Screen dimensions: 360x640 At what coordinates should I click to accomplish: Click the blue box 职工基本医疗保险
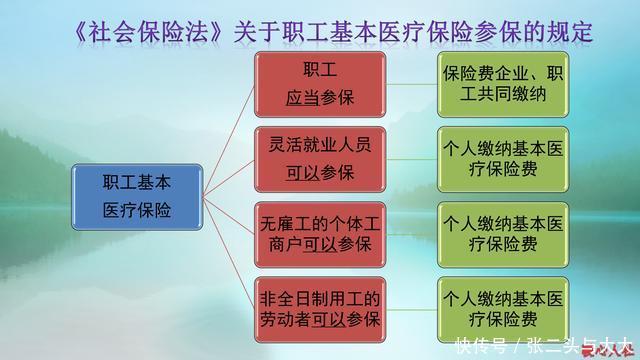[x=137, y=198]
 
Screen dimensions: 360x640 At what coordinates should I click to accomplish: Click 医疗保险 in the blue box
[x=137, y=211]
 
